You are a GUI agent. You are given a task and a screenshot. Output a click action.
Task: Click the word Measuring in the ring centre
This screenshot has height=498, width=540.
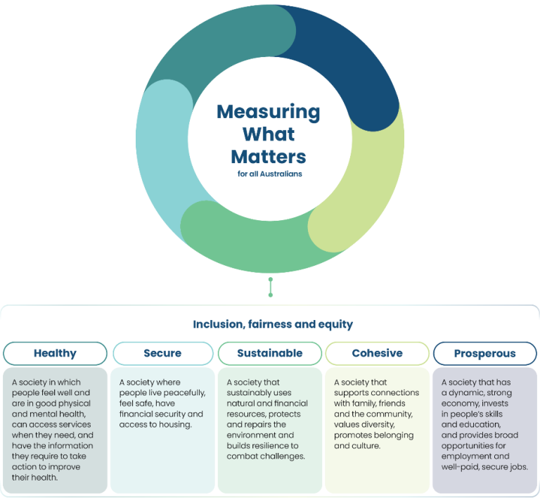[268, 111]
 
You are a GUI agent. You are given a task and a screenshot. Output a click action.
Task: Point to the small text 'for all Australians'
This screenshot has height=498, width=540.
[270, 174]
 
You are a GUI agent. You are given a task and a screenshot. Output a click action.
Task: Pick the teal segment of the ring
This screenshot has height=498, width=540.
[211, 42]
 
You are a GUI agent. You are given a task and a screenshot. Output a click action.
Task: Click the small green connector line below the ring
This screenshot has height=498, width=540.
[270, 287]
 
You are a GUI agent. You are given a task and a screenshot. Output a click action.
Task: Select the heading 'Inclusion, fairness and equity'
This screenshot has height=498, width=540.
[273, 324]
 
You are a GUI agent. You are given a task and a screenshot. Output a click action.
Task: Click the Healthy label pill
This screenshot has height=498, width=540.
[55, 353]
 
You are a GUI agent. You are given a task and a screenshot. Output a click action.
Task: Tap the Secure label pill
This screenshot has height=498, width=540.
[162, 353]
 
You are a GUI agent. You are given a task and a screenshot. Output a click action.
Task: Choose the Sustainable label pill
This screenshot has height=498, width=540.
[270, 353]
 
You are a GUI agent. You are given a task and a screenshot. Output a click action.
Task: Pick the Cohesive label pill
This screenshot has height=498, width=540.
[377, 353]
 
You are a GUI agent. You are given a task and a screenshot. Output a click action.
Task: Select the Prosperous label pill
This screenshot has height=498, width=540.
[484, 353]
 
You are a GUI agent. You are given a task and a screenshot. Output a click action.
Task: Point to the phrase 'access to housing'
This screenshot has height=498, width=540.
[153, 425]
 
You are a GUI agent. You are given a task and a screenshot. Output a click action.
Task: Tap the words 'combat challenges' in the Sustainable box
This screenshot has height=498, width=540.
[266, 456]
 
